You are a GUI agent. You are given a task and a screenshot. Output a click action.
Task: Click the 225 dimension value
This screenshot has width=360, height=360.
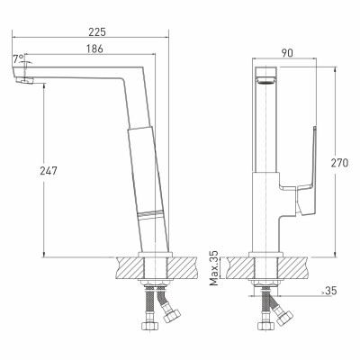97,32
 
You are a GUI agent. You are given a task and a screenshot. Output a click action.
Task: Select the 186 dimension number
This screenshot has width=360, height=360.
94,49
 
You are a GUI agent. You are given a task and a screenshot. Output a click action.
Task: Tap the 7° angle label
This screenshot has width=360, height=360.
18,58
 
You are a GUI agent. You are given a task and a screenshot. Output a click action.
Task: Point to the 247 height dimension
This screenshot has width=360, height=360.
49,171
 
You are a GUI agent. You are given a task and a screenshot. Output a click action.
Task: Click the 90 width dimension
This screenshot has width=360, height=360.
287,53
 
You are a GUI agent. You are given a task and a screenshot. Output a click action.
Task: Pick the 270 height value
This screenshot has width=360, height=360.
339,163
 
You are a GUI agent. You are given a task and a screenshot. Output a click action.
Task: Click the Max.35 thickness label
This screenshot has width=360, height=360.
214,267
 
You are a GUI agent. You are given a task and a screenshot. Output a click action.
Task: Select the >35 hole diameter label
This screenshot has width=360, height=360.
328,291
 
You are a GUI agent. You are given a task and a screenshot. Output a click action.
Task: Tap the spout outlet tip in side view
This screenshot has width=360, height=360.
24,80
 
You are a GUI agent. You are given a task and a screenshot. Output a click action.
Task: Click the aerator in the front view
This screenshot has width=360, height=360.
266,80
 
